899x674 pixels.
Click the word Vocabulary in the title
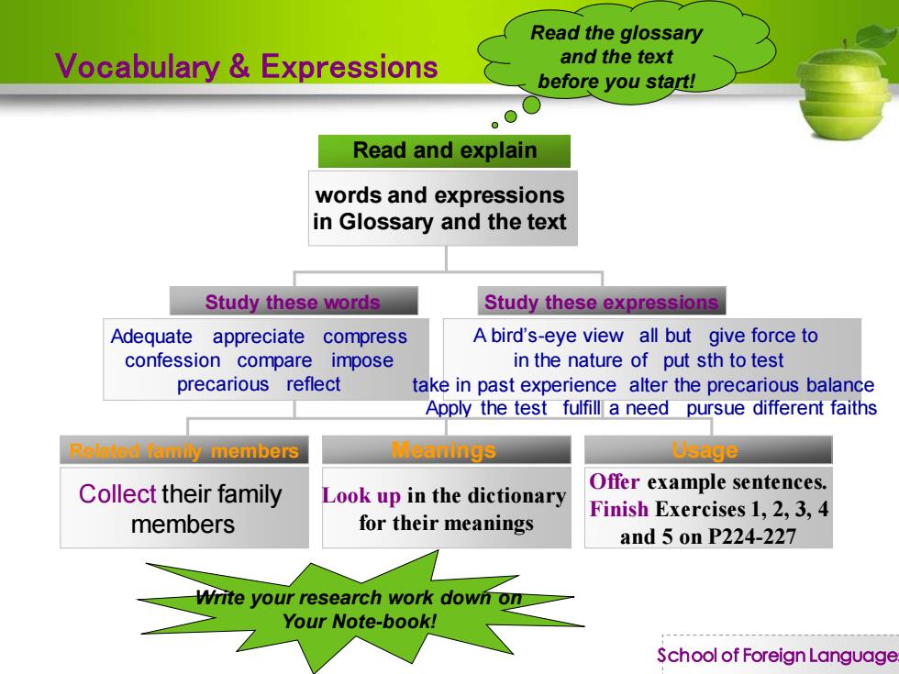pyautogui.click(x=138, y=66)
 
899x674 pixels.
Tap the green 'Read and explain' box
pyautogui.click(x=444, y=151)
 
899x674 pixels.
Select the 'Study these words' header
pyautogui.click(x=294, y=302)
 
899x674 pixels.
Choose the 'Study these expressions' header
pyautogui.click(x=602, y=302)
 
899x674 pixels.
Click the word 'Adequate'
pyautogui.click(x=151, y=337)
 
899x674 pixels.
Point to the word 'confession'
pyautogui.click(x=172, y=360)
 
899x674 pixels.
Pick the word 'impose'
pyautogui.click(x=362, y=361)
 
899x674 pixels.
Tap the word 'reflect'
pyautogui.click(x=314, y=384)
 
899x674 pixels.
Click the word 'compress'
pyautogui.click(x=365, y=337)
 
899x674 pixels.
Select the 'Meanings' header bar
pyautogui.click(x=447, y=450)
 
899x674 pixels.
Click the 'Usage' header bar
pyautogui.click(x=708, y=450)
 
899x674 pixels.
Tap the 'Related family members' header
pyautogui.click(x=184, y=450)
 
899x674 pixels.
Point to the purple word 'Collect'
pyautogui.click(x=117, y=494)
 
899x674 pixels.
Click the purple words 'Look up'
pyautogui.click(x=361, y=496)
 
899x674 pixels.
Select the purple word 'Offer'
pyautogui.click(x=614, y=481)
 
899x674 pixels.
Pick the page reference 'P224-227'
pyautogui.click(x=751, y=537)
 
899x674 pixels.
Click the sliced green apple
pyautogui.click(x=844, y=86)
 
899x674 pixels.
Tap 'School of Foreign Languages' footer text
pyautogui.click(x=778, y=655)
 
